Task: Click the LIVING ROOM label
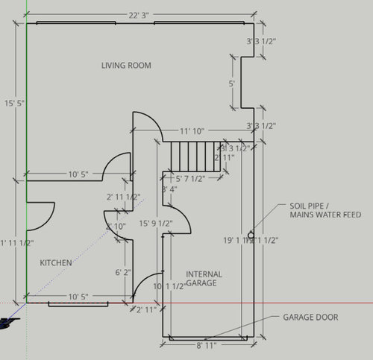126,66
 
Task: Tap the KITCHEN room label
55,263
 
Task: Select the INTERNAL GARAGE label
204,279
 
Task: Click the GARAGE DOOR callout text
310,318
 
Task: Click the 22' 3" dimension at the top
140,14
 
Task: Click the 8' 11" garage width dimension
208,346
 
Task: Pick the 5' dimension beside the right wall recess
232,83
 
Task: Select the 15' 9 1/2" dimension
156,223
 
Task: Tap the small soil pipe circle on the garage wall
254,233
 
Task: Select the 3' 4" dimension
169,189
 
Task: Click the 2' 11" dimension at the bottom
146,309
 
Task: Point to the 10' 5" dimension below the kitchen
78,297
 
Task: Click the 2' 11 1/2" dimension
123,198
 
